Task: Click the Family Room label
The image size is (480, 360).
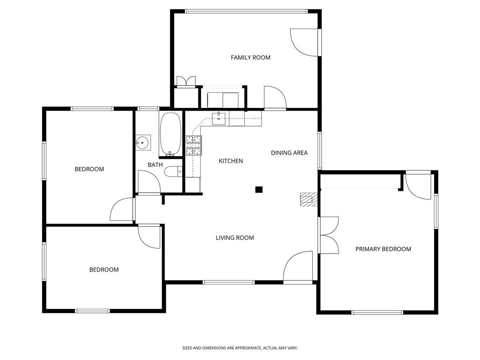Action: pos(250,58)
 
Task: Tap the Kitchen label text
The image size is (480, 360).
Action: pos(231,161)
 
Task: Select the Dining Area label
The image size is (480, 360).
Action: pos(289,153)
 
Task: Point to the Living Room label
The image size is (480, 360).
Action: pos(235,238)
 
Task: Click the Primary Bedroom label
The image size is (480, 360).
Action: pos(383,249)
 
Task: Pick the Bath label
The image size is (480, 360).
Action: pos(155,165)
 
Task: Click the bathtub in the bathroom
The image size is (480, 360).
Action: pos(171,134)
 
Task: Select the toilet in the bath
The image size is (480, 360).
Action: pos(173,172)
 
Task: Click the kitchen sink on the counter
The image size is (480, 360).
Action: pos(218,119)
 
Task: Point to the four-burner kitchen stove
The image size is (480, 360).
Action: pos(194,145)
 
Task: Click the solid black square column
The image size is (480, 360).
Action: pos(259,189)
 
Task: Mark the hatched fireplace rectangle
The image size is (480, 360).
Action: pos(308,199)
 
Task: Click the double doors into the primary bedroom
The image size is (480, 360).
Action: pos(329,235)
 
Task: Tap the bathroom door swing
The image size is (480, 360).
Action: pos(149,182)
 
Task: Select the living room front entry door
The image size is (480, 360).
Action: pos(298,266)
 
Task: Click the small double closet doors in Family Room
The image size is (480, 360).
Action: pos(186,82)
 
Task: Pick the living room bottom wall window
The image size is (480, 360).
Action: pos(228,282)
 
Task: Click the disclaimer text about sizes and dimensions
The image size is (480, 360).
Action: pos(240,348)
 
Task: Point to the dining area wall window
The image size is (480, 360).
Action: pos(320,150)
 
